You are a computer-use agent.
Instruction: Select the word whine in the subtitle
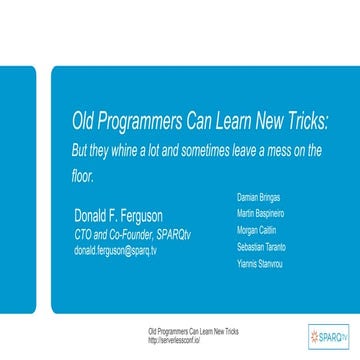pos(125,151)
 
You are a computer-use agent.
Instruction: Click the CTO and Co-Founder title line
pos(119,235)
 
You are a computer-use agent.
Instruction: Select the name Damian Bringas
pos(258,197)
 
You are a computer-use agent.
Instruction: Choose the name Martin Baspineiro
pos(260,213)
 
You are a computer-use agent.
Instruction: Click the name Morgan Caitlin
pos(256,229)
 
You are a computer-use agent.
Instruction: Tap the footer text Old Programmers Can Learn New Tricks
pos(186,329)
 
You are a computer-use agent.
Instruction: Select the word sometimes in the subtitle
pos(201,151)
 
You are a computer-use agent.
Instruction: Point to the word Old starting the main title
pos(84,123)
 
